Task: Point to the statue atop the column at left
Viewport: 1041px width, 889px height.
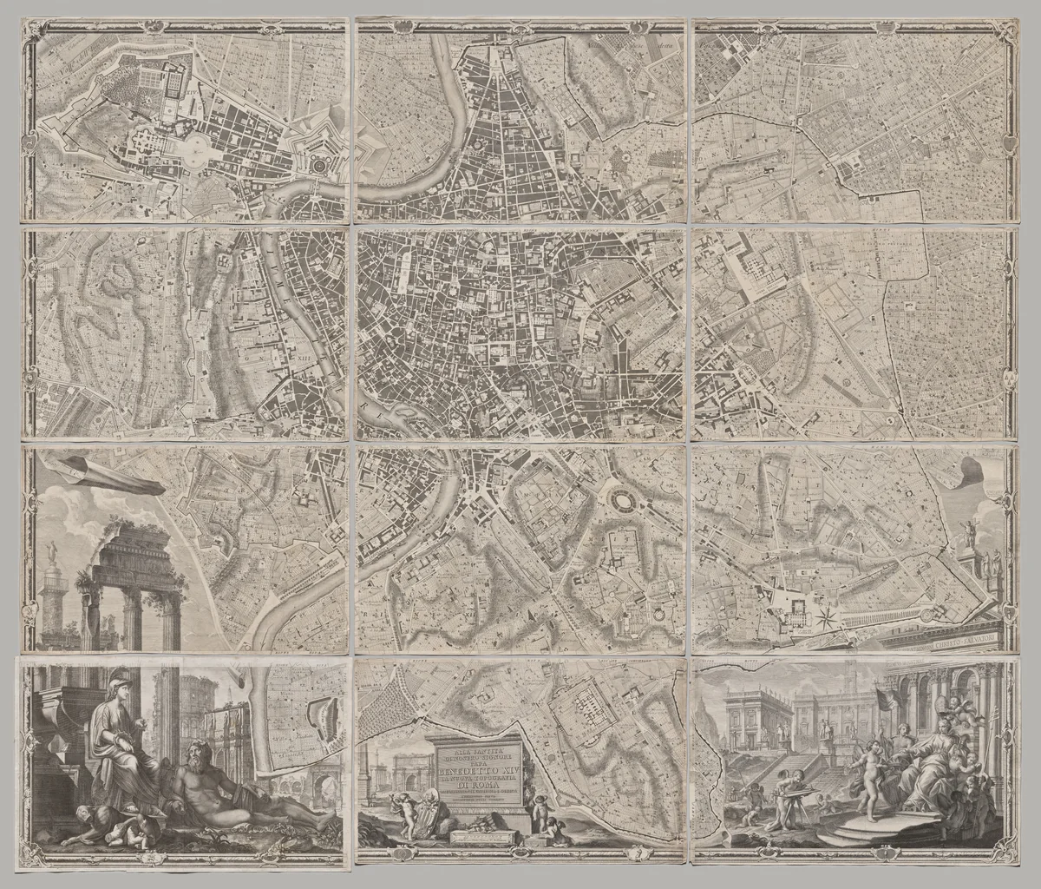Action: pos(53,552)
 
